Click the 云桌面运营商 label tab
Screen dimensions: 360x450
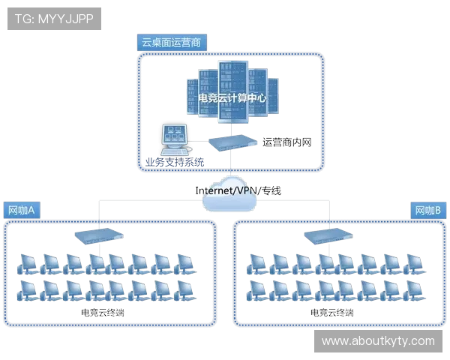tap(170, 42)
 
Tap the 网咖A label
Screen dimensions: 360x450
tap(22, 210)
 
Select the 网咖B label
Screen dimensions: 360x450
tap(427, 210)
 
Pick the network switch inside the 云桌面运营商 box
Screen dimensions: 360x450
tap(229, 141)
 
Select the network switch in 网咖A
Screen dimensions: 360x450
tap(98, 235)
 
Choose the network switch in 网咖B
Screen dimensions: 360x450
tap(327, 235)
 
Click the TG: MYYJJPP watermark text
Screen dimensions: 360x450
tap(54, 19)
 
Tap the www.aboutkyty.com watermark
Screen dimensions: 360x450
tap(378, 341)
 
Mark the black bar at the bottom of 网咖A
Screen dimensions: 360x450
tap(102, 309)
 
